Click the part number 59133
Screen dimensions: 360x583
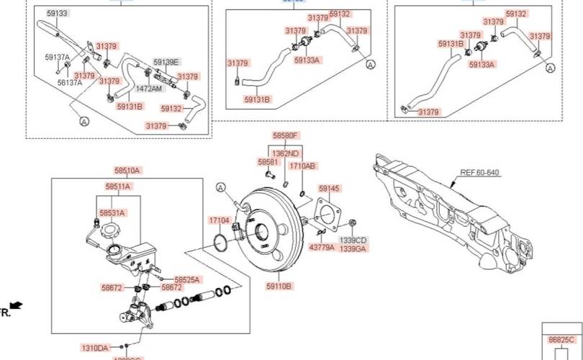click(x=57, y=14)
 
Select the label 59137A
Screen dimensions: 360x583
click(x=58, y=57)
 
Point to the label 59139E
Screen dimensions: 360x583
click(x=166, y=62)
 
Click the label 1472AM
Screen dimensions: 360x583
click(x=149, y=89)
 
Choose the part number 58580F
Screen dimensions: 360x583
click(x=285, y=135)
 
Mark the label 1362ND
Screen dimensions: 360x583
click(x=285, y=153)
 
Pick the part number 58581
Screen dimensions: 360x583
click(x=267, y=163)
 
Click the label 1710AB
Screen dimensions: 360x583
click(x=302, y=166)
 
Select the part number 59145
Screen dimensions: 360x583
click(x=328, y=189)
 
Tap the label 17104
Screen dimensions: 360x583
click(x=219, y=220)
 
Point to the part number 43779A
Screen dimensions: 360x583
click(x=322, y=247)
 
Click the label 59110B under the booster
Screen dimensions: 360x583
click(x=279, y=286)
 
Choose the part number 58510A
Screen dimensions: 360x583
click(x=127, y=171)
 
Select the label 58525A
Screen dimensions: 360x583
click(x=186, y=279)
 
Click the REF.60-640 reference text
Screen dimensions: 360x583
click(x=479, y=173)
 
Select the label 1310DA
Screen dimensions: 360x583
click(x=94, y=348)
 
